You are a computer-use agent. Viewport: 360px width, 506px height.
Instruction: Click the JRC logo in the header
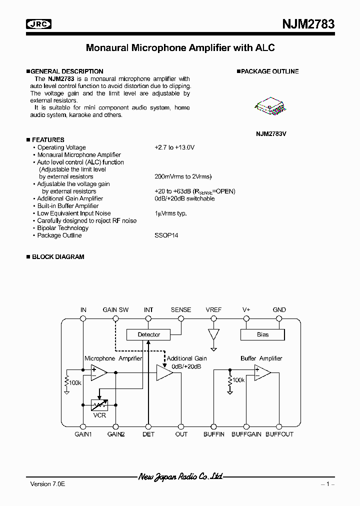point(39,24)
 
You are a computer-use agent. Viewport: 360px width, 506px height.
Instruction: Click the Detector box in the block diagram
point(148,334)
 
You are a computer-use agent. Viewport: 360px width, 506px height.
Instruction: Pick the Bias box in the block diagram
point(262,334)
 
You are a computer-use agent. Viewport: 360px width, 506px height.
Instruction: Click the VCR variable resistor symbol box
point(99,405)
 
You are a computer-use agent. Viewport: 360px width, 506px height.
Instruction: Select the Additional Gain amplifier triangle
point(164,373)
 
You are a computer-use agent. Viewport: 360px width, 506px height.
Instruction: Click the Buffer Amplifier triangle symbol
point(262,373)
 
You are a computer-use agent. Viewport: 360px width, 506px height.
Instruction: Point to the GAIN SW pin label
point(115,310)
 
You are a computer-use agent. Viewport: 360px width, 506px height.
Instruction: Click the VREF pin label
point(213,310)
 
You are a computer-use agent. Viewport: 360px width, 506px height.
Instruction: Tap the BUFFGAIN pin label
point(246,434)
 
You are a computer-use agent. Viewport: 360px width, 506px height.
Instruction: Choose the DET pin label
point(148,434)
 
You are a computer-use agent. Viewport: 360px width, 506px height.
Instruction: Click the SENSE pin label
point(181,310)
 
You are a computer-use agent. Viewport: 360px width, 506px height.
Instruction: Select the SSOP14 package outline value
point(166,235)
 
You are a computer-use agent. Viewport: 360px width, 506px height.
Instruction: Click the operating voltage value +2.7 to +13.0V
point(174,147)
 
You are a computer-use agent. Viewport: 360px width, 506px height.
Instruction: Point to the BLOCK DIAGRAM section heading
point(58,257)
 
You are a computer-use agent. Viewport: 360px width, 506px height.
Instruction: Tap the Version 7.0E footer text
point(44,484)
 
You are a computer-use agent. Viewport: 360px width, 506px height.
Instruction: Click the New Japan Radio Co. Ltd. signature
point(180,477)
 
